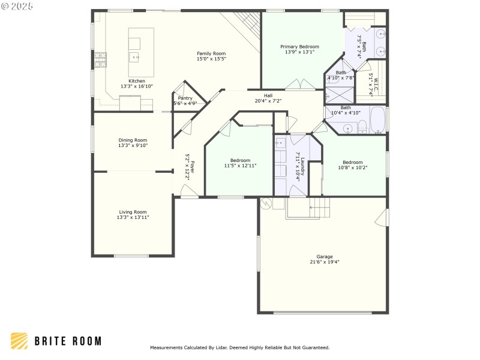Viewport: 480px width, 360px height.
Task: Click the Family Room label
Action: [211, 53]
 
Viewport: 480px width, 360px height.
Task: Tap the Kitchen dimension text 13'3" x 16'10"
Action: [137, 86]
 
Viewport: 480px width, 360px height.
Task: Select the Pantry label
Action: [185, 98]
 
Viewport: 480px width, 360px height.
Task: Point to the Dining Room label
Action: [133, 140]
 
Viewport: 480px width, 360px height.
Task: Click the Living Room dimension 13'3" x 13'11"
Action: [133, 217]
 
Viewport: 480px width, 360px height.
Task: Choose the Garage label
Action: [325, 257]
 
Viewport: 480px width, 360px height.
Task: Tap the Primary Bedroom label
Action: [299, 47]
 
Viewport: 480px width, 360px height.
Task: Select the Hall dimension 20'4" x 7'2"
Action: [268, 101]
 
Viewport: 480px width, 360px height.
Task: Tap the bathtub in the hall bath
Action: [378, 119]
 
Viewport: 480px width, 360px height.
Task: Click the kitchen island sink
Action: [134, 57]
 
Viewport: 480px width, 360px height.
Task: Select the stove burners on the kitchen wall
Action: [100, 59]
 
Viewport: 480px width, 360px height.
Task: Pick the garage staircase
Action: [320, 207]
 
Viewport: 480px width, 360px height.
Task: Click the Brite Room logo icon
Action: [19, 341]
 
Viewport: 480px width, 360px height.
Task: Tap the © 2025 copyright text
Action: [17, 6]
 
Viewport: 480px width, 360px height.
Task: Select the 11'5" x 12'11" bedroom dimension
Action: [241, 166]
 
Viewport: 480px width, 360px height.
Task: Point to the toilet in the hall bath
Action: [362, 127]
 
